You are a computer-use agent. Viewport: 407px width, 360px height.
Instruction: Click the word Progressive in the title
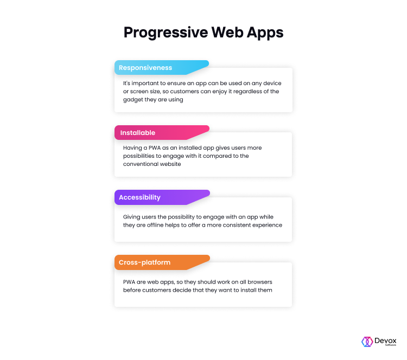[x=166, y=33]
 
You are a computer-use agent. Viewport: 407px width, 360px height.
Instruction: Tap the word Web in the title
[x=227, y=32]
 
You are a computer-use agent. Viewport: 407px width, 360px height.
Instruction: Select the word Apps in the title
[x=265, y=33]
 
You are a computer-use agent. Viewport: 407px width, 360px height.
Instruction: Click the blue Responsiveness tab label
[x=145, y=68]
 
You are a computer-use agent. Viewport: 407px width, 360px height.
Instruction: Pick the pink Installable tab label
[x=138, y=133]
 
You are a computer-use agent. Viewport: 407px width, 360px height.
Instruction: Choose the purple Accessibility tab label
[x=139, y=197]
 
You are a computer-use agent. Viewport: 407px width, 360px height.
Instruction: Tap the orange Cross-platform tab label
[x=144, y=262]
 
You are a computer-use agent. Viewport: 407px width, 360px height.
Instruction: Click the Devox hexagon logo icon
[x=367, y=342]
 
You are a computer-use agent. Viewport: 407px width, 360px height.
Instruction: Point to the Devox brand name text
[x=385, y=340]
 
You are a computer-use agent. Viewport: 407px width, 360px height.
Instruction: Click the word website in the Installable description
[x=170, y=164]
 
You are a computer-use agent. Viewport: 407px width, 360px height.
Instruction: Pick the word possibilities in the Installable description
[x=138, y=156]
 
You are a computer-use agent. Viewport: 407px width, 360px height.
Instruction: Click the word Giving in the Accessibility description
[x=131, y=217]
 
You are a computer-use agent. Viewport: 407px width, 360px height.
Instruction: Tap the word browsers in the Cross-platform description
[x=260, y=282]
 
